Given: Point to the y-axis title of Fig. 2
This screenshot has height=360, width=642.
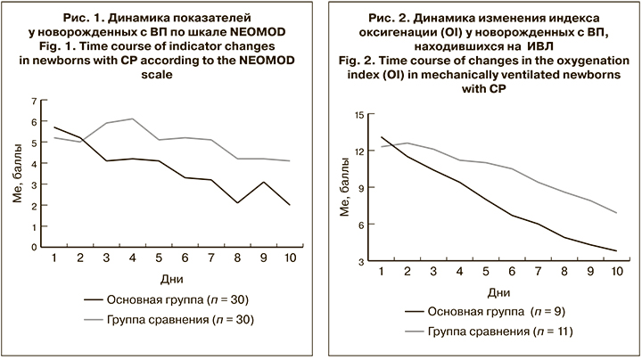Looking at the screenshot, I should [x=342, y=188].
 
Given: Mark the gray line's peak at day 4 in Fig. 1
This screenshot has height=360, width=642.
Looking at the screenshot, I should [x=133, y=119].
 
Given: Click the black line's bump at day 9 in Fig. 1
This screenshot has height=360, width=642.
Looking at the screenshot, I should [x=265, y=182].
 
